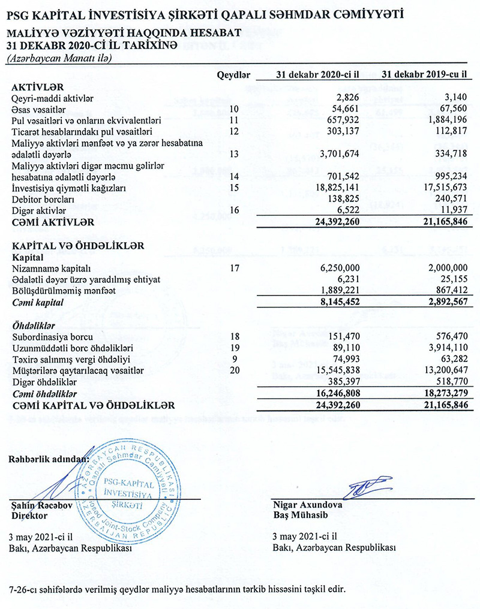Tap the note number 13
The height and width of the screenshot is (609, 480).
(x=234, y=154)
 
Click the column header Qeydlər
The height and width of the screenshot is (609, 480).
(x=232, y=75)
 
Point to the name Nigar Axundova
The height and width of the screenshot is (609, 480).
(x=307, y=505)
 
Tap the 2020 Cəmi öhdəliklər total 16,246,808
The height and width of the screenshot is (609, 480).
(x=334, y=394)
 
